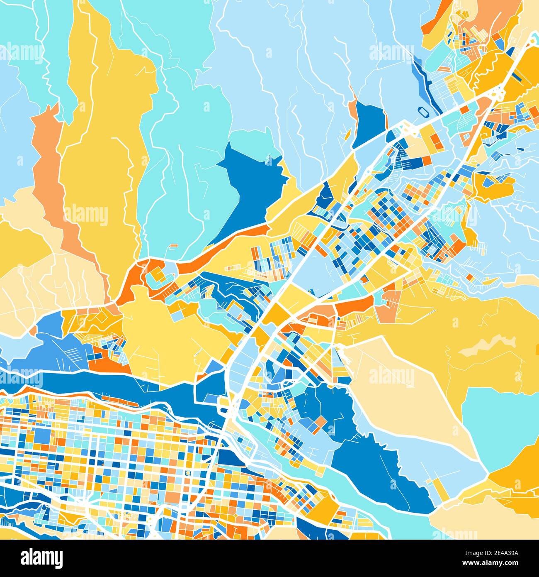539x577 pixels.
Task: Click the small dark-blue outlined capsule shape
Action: tap(423, 111)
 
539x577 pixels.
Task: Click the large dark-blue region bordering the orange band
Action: tap(249, 187)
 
